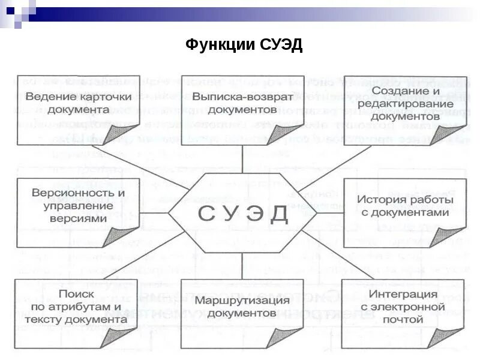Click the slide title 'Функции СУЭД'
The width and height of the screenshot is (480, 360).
click(x=244, y=46)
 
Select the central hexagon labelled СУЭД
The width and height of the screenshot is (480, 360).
click(x=242, y=213)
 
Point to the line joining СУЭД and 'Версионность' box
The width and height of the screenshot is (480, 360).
click(x=154, y=212)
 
